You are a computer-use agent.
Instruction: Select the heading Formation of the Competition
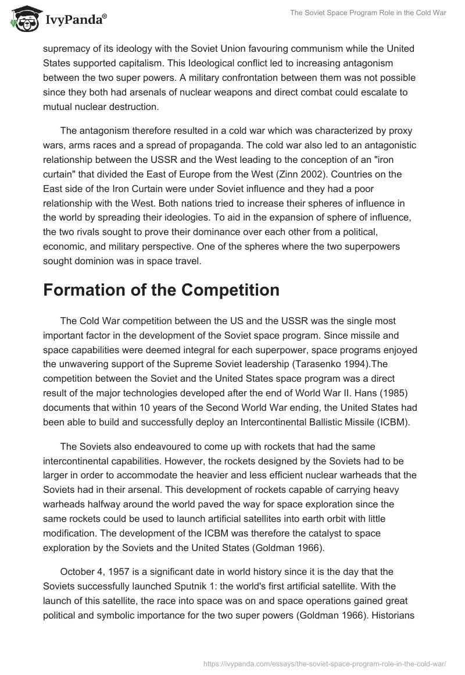(x=161, y=289)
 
